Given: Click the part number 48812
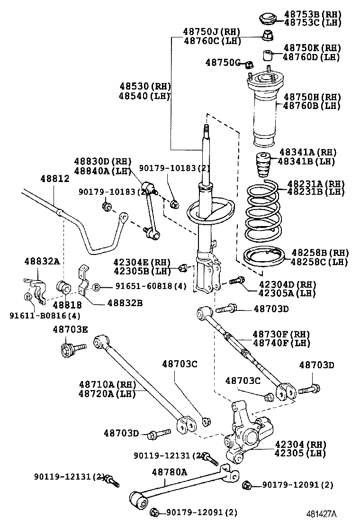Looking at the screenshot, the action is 55,179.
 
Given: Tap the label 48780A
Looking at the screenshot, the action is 169,472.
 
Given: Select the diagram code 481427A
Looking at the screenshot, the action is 321,514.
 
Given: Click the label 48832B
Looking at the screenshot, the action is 125,303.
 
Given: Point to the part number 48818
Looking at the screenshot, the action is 67,305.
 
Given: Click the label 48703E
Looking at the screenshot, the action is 70,329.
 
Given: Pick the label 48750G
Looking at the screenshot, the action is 223,62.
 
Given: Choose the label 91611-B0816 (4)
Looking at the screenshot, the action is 45,316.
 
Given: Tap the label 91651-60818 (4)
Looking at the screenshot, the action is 151,286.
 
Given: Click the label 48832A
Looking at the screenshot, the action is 42,261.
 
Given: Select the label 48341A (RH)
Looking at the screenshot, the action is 308,152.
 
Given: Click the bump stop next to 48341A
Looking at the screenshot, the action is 264,164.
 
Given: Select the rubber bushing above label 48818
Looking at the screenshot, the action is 63,286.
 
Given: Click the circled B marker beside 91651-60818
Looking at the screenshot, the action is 96,287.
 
